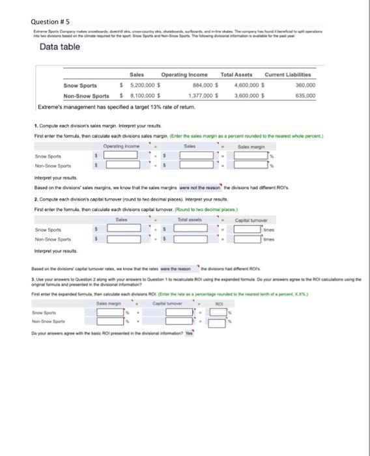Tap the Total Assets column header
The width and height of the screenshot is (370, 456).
[239, 76]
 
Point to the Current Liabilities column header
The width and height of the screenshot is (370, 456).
[290, 76]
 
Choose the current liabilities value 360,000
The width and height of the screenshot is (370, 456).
[305, 85]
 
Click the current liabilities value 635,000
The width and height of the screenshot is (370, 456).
[305, 95]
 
